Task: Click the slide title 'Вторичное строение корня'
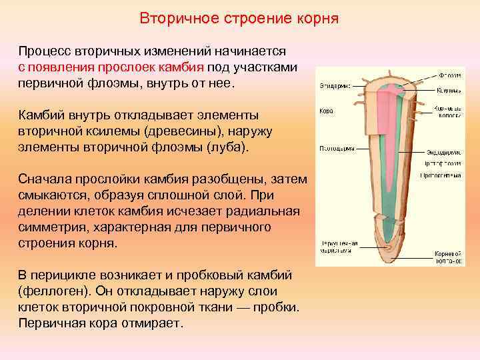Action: [x=239, y=18]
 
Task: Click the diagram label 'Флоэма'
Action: [x=448, y=75]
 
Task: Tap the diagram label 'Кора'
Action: [x=326, y=111]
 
